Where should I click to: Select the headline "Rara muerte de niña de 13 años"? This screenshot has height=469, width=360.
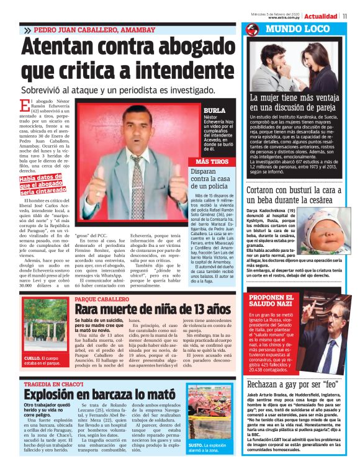coord(151,309)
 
